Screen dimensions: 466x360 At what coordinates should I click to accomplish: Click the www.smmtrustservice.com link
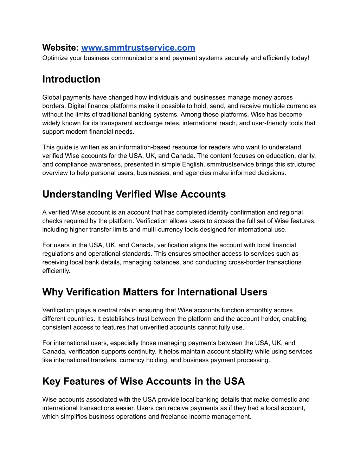[x=138, y=48]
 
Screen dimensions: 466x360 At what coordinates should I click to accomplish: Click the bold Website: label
[x=60, y=48]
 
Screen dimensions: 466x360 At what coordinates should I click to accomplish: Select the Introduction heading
[x=71, y=79]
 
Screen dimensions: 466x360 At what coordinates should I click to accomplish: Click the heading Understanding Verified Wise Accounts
[x=134, y=194]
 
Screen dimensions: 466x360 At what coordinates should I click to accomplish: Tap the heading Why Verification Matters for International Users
[x=155, y=292]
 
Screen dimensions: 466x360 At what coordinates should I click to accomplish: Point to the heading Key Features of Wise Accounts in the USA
[x=143, y=381]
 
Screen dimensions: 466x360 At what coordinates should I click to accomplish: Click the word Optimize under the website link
[x=54, y=58]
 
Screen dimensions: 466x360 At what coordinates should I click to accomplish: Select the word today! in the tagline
[x=300, y=58]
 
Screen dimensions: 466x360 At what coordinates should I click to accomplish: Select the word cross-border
[x=247, y=262]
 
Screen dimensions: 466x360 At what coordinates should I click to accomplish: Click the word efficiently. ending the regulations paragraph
[x=56, y=271]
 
